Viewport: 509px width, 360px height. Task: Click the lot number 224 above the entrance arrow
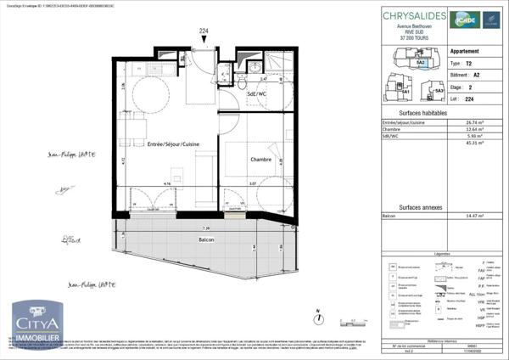pyautogui.click(x=204, y=30)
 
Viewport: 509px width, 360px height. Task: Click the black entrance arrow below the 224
pyautogui.click(x=204, y=39)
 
